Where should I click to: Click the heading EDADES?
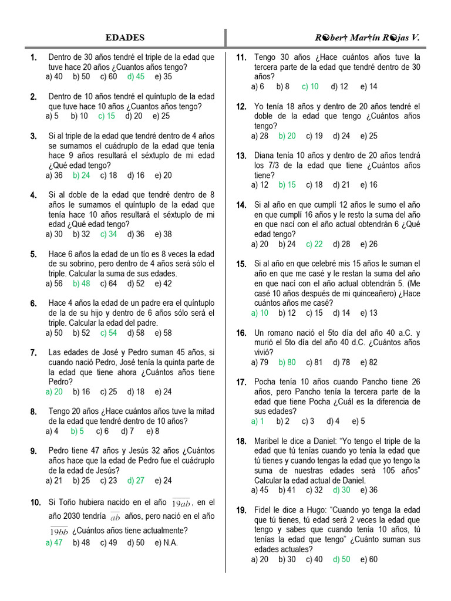click(124, 38)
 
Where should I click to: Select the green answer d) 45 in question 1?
click(136, 76)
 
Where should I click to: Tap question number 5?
click(33, 255)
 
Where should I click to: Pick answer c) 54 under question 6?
click(108, 333)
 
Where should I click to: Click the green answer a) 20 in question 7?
click(54, 391)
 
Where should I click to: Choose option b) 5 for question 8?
click(77, 431)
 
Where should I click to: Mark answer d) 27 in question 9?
click(136, 480)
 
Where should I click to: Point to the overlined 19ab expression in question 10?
click(182, 504)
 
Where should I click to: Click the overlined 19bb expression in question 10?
click(59, 531)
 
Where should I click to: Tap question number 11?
click(241, 58)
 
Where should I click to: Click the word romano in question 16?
click(283, 333)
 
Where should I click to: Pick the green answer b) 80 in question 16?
click(287, 362)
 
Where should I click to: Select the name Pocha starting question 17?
click(265, 382)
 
